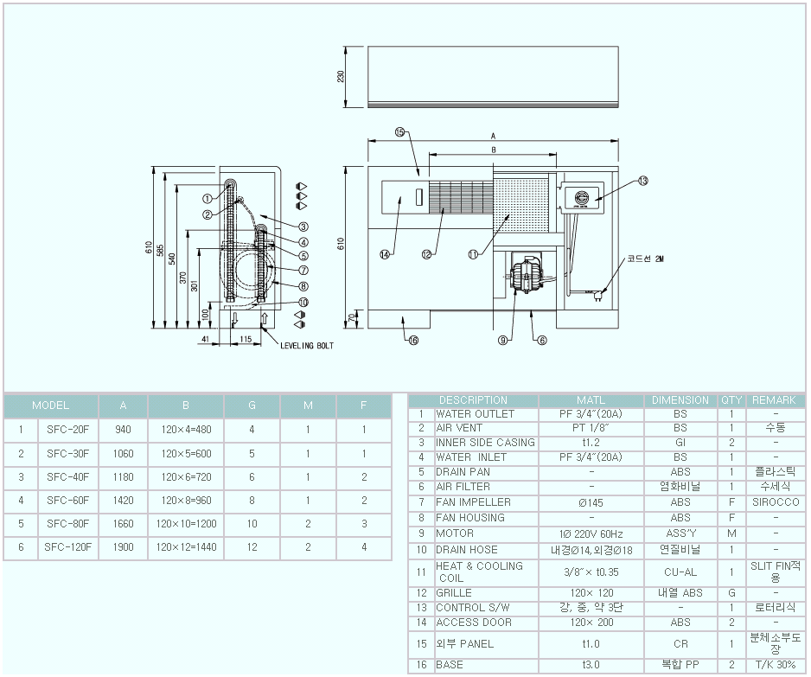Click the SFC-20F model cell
68,429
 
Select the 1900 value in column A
123,547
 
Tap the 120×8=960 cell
186,500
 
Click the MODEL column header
50,406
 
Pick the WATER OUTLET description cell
475,414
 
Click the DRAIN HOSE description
468,549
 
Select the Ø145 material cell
591,502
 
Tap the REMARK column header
774,400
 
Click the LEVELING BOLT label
307,345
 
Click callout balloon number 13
642,181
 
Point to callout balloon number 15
399,132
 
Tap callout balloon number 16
412,341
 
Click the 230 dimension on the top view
341,76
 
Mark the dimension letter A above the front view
493,136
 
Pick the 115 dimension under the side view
247,340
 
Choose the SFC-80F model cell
68,524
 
